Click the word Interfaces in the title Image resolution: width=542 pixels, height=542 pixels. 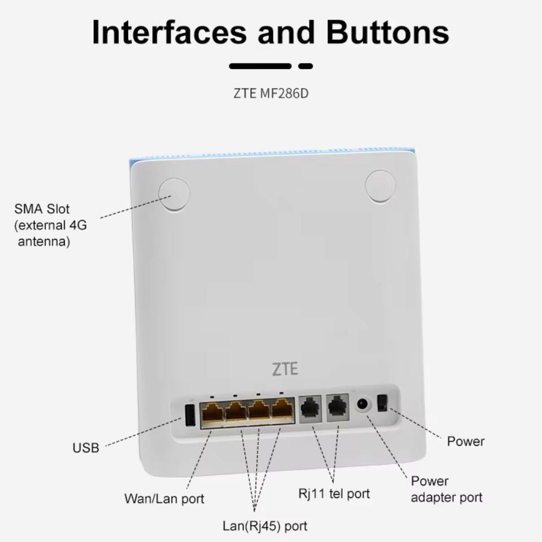[x=169, y=32]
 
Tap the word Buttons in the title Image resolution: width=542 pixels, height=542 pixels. [x=387, y=32]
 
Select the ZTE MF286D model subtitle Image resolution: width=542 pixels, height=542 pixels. [x=271, y=93]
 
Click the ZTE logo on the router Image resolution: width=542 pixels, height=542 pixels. [x=285, y=370]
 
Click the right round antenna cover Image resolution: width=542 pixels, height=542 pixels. [x=380, y=187]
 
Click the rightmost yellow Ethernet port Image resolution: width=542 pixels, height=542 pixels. [x=283, y=410]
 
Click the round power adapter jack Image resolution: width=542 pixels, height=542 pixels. [x=362, y=405]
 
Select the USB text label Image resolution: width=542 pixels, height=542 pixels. [x=86, y=448]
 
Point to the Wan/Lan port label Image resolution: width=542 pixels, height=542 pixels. [x=164, y=499]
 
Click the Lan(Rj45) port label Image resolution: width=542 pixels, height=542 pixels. [x=265, y=526]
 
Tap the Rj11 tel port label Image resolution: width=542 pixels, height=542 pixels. [x=334, y=493]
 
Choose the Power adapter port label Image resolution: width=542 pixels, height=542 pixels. [x=446, y=489]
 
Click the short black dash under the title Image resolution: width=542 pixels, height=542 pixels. [x=305, y=66]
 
